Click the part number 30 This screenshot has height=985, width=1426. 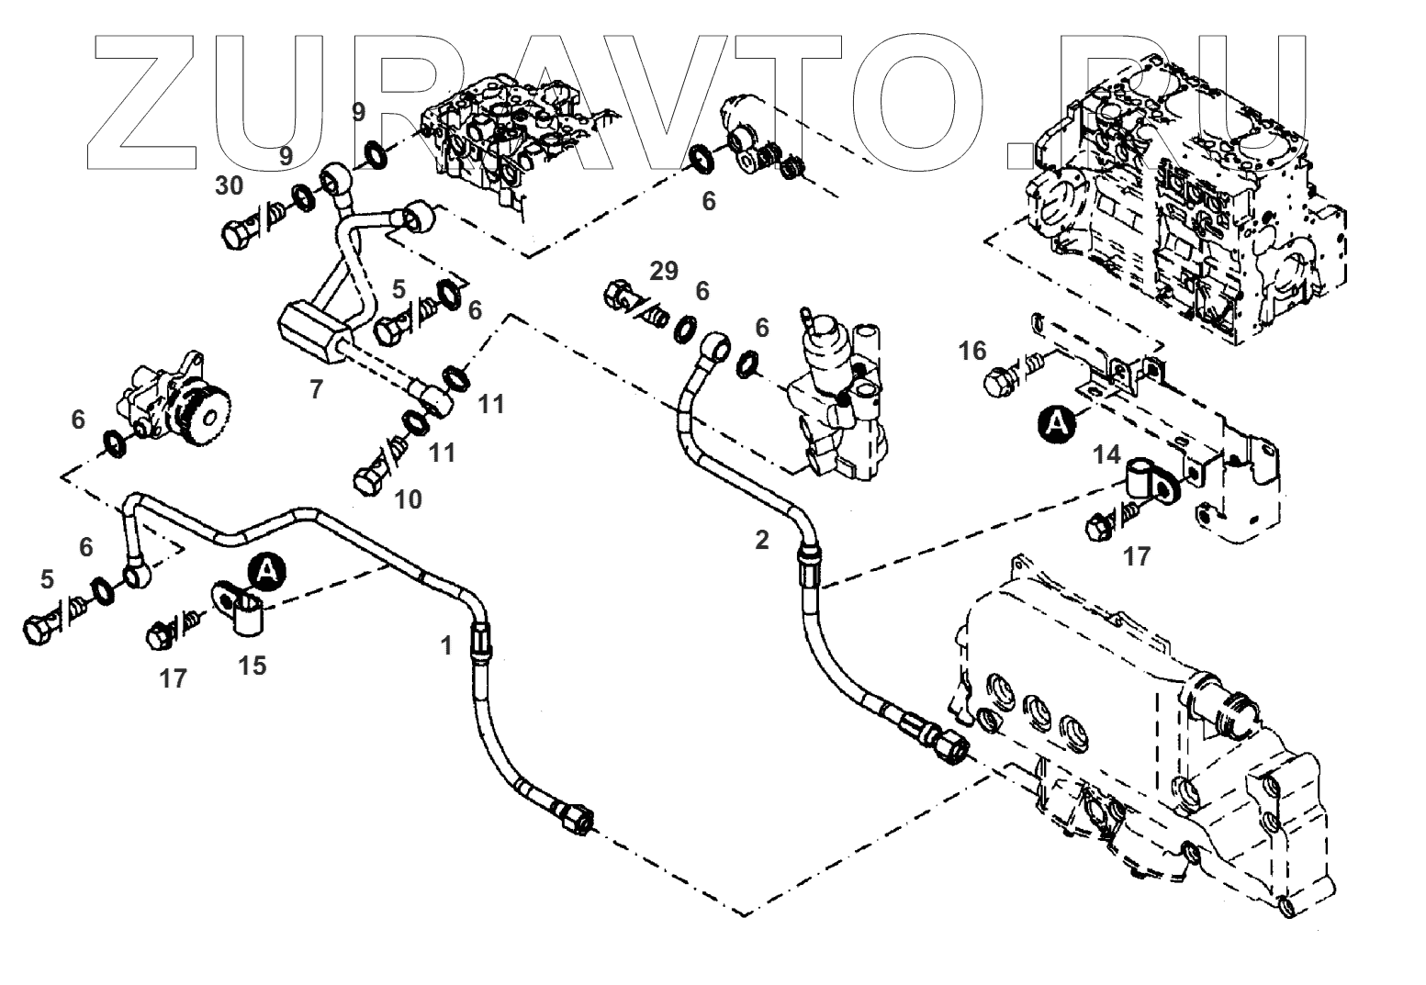(x=230, y=186)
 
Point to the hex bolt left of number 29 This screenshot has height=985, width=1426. (x=619, y=297)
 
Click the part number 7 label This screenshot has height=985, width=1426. (x=316, y=390)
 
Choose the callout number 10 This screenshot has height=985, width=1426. (x=408, y=499)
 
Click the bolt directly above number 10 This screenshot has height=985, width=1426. (x=369, y=479)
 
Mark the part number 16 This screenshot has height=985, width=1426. (x=972, y=350)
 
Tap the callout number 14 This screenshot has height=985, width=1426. (x=1107, y=453)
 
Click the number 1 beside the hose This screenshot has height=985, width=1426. (x=446, y=646)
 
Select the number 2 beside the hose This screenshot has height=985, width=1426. (x=761, y=541)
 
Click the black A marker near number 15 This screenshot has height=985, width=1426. (x=266, y=571)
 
